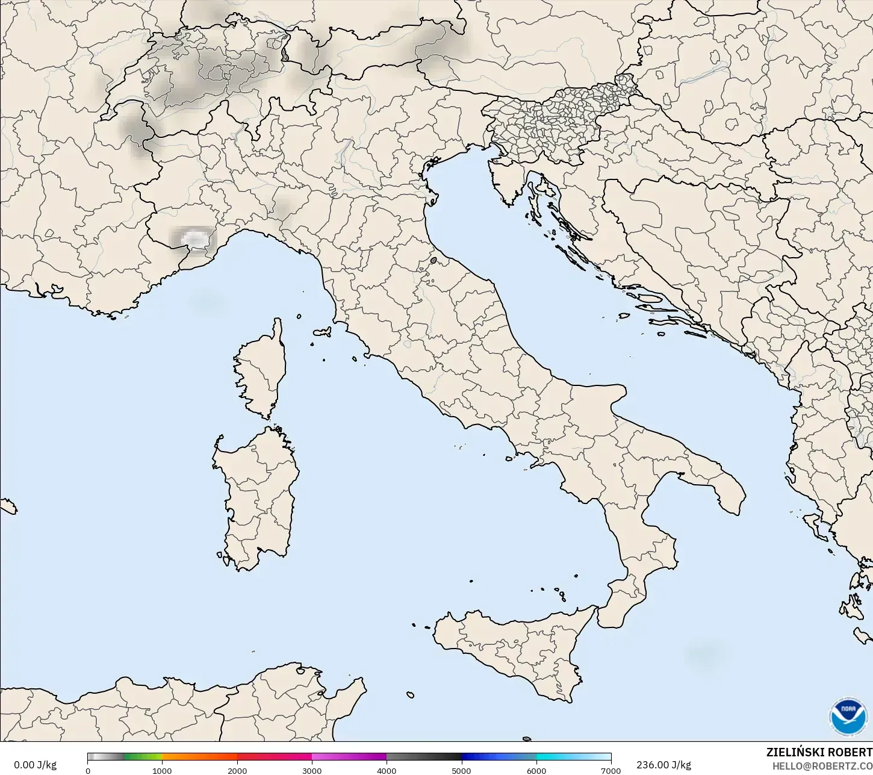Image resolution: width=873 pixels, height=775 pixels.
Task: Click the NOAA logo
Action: [849, 717]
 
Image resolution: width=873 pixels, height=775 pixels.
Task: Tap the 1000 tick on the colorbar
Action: [162, 770]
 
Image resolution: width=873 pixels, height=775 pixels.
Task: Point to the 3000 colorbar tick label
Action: [312, 770]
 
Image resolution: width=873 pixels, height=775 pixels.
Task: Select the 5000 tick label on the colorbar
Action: [462, 770]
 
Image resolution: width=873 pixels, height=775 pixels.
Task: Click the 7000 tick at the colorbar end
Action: [610, 770]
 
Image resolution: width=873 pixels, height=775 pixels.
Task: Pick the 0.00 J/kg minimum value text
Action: [36, 765]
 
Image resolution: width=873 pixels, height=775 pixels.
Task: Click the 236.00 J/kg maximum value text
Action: [663, 765]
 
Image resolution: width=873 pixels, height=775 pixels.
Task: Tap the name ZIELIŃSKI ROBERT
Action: [819, 752]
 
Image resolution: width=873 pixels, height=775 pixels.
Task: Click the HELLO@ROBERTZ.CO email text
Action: [822, 765]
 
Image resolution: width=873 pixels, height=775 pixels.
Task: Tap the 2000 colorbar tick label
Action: [237, 770]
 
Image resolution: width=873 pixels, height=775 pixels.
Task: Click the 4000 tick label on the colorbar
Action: [387, 770]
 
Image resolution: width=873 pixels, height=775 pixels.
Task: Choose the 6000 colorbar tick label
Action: [536, 770]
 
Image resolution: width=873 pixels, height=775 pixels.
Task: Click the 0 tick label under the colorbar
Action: [88, 770]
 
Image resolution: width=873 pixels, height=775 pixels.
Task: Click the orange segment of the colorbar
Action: [199, 757]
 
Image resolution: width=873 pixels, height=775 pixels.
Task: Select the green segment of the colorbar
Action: [143, 757]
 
